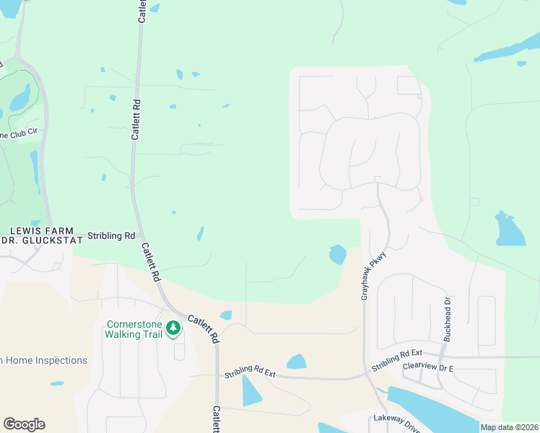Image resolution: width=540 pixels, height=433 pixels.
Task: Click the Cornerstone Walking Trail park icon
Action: click(173, 328)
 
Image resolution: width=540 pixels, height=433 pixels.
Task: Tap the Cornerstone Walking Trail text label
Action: click(135, 328)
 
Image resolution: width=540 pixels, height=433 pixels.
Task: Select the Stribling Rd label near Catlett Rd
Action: click(111, 235)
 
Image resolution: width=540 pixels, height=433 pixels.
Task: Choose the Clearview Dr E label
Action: click(428, 367)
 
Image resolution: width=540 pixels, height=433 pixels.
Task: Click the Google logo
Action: click(24, 424)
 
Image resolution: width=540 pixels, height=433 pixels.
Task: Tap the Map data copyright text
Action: click(509, 427)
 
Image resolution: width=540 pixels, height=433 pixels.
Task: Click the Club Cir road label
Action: click(18, 134)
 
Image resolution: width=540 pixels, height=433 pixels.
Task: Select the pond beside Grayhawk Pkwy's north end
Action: click(337, 254)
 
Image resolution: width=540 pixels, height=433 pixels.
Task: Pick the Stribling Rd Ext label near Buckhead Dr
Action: click(396, 360)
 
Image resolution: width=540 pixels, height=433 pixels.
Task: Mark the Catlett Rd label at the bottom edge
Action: click(216, 419)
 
